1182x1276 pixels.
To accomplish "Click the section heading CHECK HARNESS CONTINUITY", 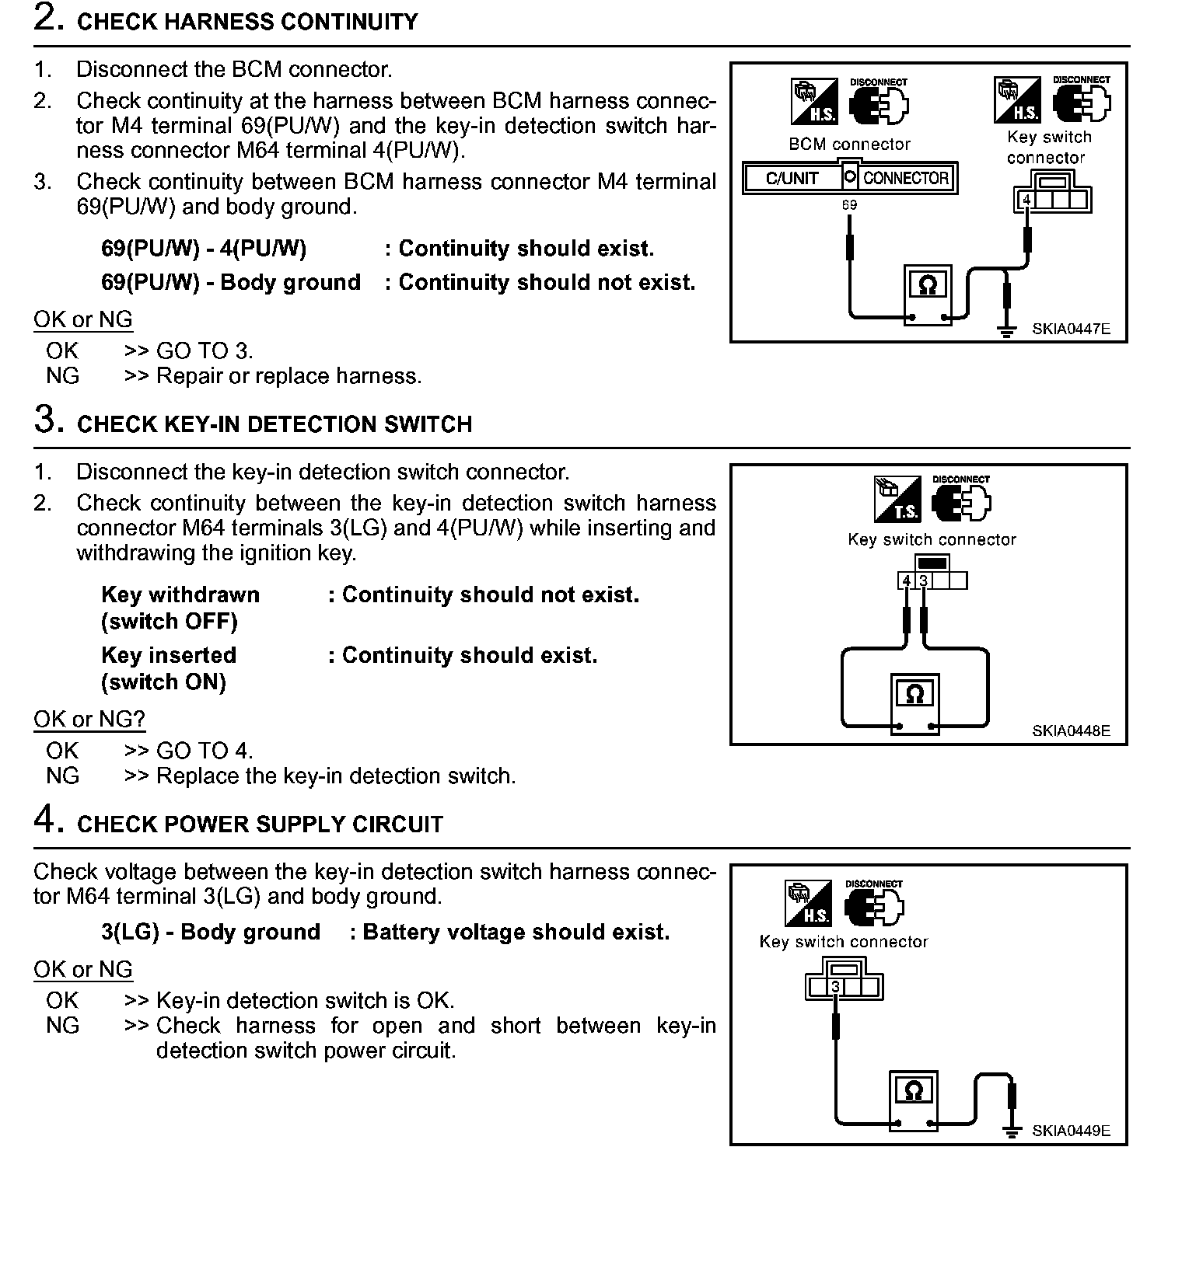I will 247,22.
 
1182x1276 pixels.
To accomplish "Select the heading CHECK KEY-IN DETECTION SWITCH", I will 275,424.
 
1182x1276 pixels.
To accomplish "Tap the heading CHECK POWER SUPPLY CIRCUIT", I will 260,825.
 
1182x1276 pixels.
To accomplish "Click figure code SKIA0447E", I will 1071,329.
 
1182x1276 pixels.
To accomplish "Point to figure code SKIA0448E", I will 1071,731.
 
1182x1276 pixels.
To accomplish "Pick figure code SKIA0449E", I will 1071,1131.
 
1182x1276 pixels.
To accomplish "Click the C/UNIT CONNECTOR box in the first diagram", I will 850,178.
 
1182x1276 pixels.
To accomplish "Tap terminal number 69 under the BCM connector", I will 849,205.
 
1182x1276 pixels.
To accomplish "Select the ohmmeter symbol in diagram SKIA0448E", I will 914,694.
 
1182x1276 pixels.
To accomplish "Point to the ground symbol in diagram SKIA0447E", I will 1007,332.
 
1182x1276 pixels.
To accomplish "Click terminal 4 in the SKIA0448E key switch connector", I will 906,581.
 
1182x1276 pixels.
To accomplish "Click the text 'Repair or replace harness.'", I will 289,376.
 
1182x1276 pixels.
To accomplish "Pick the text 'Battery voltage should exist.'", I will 516,932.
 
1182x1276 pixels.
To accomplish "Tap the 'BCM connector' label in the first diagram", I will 849,145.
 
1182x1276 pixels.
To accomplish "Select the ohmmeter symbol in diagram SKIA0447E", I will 927,285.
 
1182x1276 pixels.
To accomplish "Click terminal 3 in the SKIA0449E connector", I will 835,987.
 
